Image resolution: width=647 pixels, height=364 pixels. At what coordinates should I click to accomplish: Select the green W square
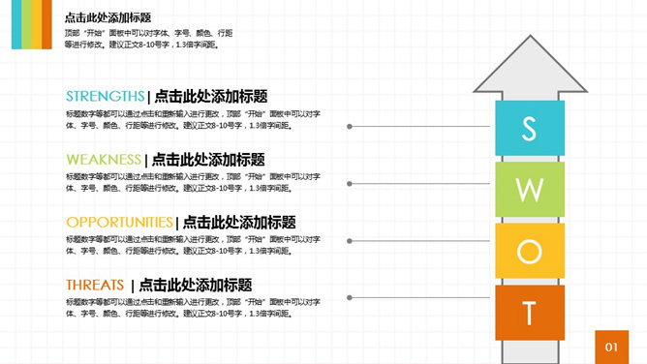click(x=529, y=189)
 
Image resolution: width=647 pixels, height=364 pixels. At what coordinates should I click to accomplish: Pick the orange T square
click(x=529, y=312)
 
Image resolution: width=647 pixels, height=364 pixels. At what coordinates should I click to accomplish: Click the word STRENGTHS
click(x=105, y=96)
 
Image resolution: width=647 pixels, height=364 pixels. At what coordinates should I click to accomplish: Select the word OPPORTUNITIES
click(x=119, y=222)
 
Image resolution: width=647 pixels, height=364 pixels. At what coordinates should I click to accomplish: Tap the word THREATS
click(x=95, y=285)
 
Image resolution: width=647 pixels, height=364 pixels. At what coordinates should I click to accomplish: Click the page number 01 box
click(x=611, y=346)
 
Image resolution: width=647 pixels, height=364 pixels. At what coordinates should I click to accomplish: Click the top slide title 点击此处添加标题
click(x=108, y=17)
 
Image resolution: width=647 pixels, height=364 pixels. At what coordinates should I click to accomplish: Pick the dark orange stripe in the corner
click(x=46, y=24)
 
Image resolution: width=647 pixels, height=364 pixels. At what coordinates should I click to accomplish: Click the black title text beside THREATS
click(x=196, y=285)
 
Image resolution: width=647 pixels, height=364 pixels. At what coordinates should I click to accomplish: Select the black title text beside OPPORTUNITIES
click(x=239, y=222)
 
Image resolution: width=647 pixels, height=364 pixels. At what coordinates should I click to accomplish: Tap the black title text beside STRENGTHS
click(x=210, y=96)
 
